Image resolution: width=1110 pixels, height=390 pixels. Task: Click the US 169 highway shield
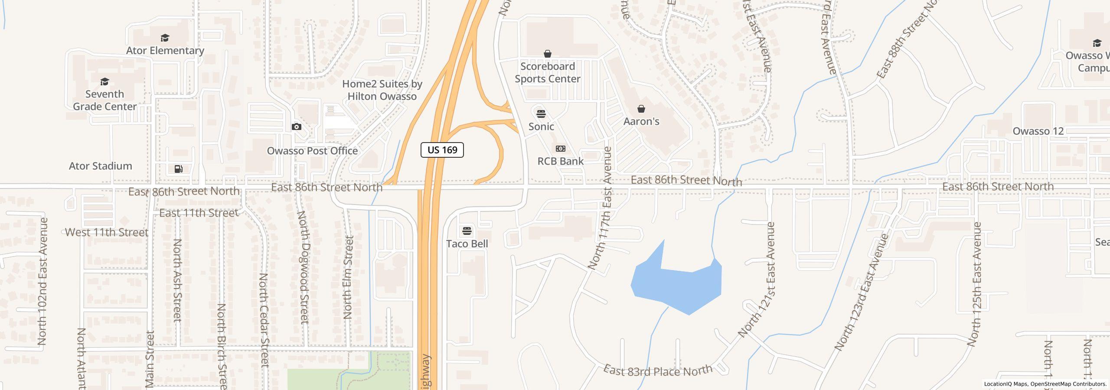[442, 150]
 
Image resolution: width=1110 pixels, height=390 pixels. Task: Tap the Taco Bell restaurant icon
[467, 231]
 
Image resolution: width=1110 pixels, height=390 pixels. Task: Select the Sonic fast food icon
[541, 114]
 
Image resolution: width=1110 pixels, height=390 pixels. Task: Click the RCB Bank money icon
[560, 149]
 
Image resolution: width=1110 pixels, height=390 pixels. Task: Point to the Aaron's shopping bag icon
[641, 109]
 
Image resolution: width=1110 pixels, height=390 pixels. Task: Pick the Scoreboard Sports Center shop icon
[547, 54]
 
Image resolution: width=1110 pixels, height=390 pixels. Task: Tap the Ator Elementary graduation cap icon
[165, 38]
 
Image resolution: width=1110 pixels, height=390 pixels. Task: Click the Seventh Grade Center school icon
[104, 82]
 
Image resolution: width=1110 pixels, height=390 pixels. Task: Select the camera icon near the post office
[297, 127]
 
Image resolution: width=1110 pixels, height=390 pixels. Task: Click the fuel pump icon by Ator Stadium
[179, 169]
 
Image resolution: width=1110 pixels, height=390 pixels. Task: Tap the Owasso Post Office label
[312, 151]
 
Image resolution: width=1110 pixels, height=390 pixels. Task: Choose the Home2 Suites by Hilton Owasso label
[382, 90]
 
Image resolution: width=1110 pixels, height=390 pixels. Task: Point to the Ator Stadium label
[101, 166]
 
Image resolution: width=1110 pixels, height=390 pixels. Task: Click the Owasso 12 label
[1038, 131]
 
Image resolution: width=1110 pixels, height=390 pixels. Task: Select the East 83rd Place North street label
[658, 370]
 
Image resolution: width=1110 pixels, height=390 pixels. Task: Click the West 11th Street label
[107, 232]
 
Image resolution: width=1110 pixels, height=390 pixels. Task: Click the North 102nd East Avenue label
[42, 282]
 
